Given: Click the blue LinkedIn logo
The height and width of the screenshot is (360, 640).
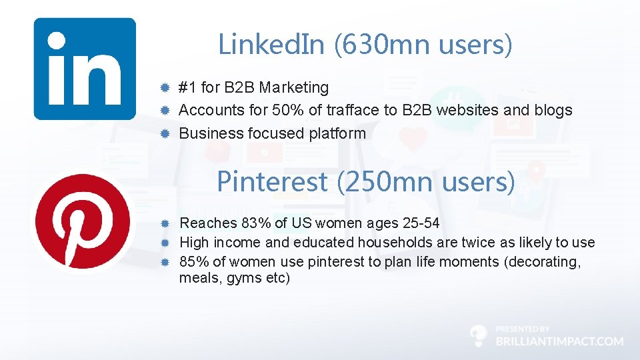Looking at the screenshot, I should (x=85, y=69).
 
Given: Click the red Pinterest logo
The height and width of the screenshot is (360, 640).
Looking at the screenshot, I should (x=83, y=222).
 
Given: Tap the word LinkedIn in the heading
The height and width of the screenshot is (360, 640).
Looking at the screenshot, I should (x=271, y=45).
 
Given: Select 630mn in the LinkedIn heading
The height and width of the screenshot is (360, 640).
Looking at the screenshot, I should (x=385, y=45).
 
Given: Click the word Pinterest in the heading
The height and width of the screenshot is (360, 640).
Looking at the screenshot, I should (x=271, y=181).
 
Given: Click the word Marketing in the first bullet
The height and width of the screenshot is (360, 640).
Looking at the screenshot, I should (x=294, y=87).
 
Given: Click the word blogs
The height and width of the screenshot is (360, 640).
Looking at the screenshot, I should (x=553, y=110).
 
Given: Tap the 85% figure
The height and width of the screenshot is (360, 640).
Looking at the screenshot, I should (x=193, y=262).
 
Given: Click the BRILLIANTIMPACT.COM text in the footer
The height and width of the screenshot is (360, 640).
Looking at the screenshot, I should (x=560, y=341).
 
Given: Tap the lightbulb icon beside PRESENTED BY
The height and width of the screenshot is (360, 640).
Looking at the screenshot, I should (x=479, y=335).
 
